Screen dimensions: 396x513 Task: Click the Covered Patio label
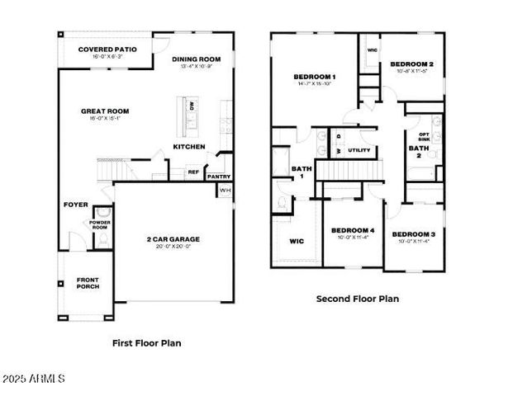coord(107,49)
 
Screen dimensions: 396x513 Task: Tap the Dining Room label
coord(197,59)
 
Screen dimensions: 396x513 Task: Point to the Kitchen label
coord(188,147)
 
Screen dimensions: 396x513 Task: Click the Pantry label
coord(218,176)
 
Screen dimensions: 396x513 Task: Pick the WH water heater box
coord(225,191)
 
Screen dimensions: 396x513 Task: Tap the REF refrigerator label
coord(193,172)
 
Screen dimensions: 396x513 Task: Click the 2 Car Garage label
coord(173,239)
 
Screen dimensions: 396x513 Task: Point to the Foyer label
coord(76,205)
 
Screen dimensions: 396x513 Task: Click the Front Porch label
coord(88,283)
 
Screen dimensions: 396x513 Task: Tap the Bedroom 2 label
coord(412,64)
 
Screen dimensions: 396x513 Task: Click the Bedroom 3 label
coord(412,235)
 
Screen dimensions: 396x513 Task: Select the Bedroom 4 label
coord(353,230)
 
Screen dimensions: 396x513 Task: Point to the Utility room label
coord(359,151)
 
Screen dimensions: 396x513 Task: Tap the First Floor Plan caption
coord(146,342)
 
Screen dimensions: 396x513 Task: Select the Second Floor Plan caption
coord(358,299)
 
